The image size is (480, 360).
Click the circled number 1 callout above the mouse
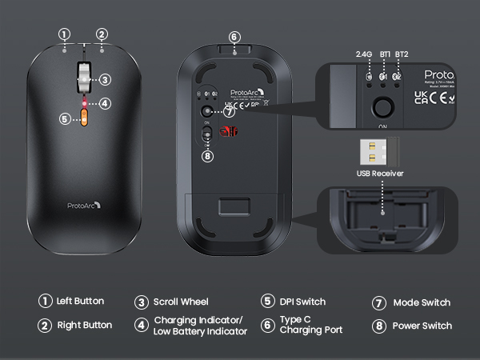tap(65, 34)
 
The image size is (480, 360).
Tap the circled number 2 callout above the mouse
tap(102, 34)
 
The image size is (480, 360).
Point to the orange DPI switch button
tap(83, 118)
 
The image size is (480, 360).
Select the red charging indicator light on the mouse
tap(83, 103)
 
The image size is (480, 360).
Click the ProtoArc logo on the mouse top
tap(83, 206)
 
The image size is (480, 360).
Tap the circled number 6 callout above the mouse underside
tap(234, 37)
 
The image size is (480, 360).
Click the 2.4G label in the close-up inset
tap(365, 54)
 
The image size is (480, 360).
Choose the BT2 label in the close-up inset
tap(402, 54)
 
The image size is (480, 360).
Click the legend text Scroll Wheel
tap(181, 302)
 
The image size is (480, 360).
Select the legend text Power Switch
tap(422, 326)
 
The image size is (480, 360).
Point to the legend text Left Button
tap(80, 302)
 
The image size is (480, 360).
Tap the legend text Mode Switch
tap(422, 302)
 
